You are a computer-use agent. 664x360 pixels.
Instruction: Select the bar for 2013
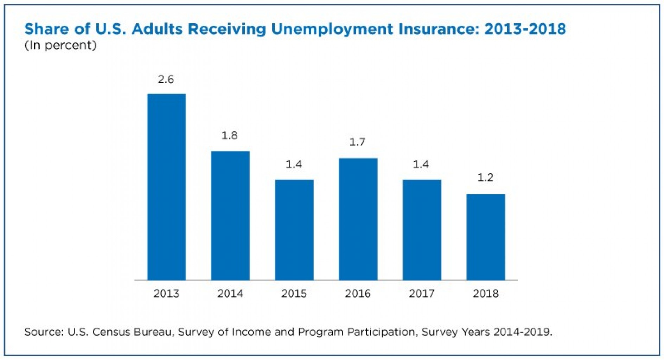[166, 187]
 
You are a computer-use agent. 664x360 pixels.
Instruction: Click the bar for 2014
[230, 216]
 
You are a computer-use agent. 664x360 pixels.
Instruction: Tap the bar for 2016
[358, 219]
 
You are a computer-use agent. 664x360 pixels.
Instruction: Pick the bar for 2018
[485, 237]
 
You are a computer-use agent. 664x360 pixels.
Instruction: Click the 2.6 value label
[166, 79]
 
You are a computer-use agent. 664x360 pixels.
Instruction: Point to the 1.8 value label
[229, 135]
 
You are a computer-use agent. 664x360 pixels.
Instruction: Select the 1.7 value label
[357, 142]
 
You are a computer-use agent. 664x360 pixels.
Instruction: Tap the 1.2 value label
[485, 178]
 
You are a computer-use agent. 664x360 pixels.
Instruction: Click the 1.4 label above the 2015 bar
[294, 164]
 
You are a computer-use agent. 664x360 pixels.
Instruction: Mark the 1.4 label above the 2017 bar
[421, 164]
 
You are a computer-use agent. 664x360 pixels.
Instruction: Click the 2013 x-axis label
[166, 294]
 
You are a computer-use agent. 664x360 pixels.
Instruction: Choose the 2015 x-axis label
[294, 294]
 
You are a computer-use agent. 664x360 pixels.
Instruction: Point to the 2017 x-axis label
[421, 294]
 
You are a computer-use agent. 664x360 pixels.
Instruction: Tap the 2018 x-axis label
[485, 294]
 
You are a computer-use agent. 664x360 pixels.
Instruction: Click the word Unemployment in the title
[332, 29]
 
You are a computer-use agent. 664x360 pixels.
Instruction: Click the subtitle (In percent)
[60, 45]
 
